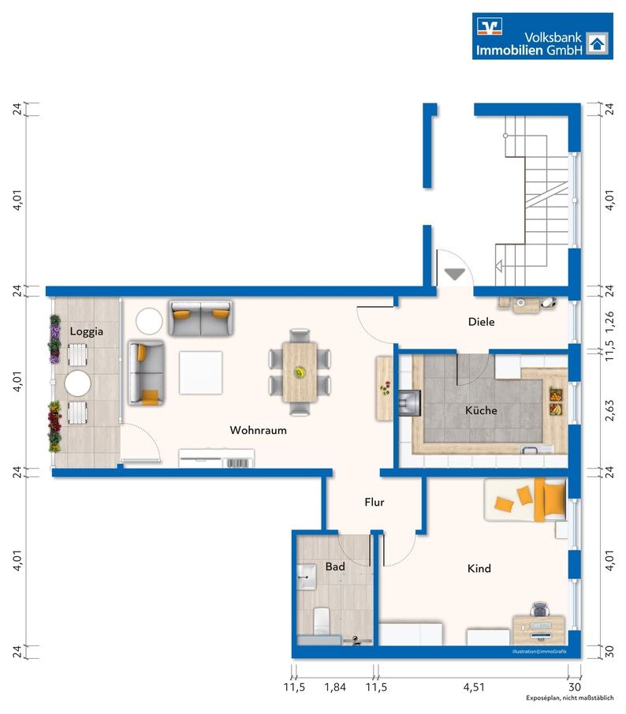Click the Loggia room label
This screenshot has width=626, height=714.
(x=87, y=332)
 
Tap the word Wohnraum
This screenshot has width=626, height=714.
(x=258, y=430)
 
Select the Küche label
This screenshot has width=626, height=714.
(x=481, y=410)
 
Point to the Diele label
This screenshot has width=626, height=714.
(x=482, y=322)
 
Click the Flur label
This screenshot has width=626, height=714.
(x=374, y=503)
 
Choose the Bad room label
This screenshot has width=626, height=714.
(x=335, y=567)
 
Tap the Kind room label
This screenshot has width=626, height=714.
(x=479, y=569)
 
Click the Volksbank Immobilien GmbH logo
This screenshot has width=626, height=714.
(x=542, y=36)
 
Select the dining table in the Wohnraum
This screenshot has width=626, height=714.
(x=300, y=372)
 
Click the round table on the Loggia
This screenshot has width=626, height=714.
(x=78, y=383)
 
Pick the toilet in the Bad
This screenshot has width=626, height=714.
(x=321, y=620)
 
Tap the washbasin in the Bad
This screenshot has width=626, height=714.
(x=306, y=578)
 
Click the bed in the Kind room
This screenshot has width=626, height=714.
(x=525, y=499)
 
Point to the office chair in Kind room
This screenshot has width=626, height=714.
(x=539, y=609)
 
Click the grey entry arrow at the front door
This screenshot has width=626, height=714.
(x=454, y=274)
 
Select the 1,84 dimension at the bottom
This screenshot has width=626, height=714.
(x=335, y=687)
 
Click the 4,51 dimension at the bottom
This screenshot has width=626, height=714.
(x=474, y=687)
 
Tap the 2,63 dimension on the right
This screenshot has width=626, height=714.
(x=609, y=410)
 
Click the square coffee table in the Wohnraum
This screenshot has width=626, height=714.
(x=200, y=372)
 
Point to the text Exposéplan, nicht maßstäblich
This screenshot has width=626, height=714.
(x=569, y=698)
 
